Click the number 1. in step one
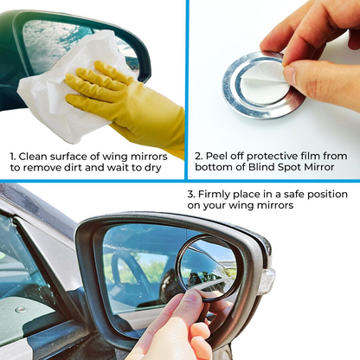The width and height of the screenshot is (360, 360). coord(13,157)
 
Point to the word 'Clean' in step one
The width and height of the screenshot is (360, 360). coord(33,157)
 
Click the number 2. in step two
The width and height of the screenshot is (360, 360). coord(199,156)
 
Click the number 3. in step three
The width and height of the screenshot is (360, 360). coord(191,194)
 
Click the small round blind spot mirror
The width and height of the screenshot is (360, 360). coord(206,267)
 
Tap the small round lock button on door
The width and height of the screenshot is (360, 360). coord(21,310)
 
